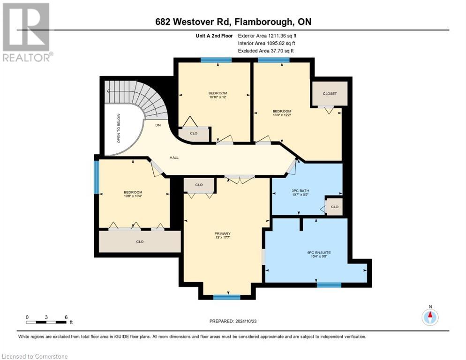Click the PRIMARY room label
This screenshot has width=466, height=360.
(223, 233)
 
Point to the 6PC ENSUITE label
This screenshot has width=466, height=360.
(316, 253)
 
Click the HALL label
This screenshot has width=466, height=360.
(173, 157)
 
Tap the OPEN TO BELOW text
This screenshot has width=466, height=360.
(119, 128)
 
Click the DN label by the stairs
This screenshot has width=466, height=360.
(158, 125)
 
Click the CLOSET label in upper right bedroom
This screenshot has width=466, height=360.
(330, 94)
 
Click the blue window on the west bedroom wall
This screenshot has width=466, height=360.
(97, 177)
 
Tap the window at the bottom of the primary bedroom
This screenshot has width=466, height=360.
(227, 297)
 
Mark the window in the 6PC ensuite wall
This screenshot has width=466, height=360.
(329, 285)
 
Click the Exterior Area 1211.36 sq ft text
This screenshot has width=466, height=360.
(267, 35)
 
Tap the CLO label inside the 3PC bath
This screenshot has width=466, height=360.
(334, 207)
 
